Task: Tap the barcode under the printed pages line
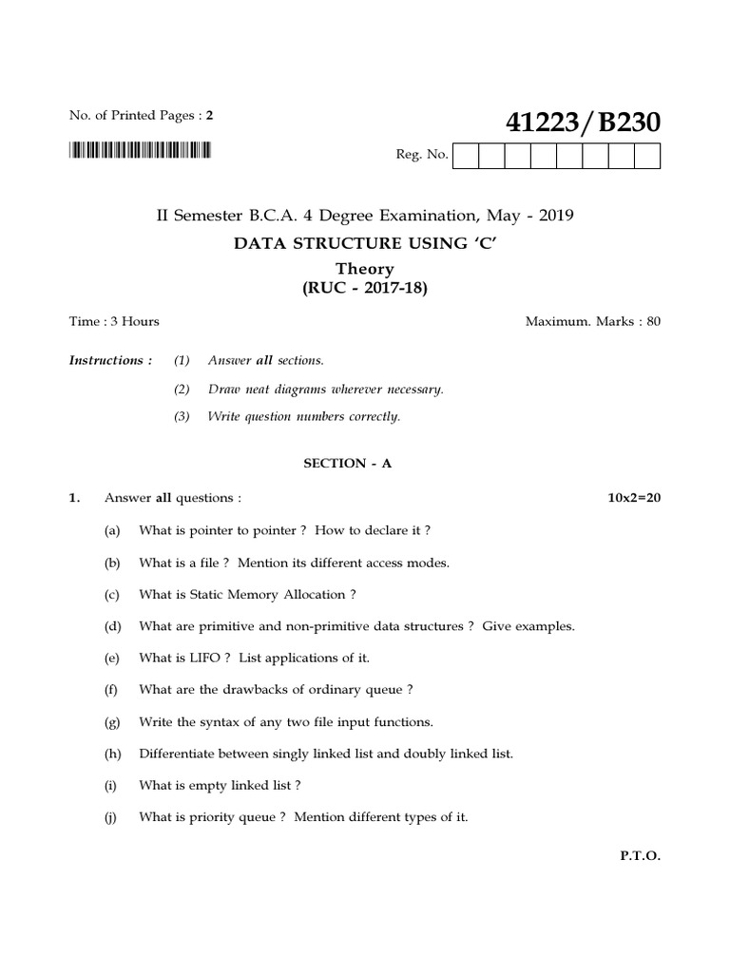click(141, 150)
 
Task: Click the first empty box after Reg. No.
click(467, 156)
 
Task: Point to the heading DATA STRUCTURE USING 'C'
click(366, 243)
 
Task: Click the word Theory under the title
click(366, 269)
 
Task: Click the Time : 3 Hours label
click(114, 321)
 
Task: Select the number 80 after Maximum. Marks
click(652, 321)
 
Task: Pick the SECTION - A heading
click(347, 463)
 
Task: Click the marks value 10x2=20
click(634, 498)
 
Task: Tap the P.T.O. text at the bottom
click(640, 855)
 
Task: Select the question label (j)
click(111, 817)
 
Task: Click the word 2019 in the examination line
click(556, 216)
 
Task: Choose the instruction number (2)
click(182, 389)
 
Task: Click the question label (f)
click(111, 690)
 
